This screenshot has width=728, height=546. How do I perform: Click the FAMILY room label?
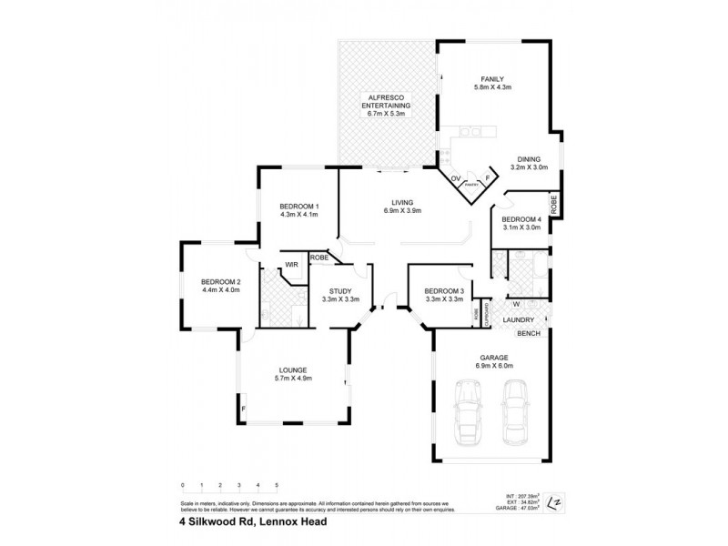491,79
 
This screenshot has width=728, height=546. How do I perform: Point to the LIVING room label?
402,202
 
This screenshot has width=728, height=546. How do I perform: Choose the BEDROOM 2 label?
220,282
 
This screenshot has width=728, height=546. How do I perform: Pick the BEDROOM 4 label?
521,220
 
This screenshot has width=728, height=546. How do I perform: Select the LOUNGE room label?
293,369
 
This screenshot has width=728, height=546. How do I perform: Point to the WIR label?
292,265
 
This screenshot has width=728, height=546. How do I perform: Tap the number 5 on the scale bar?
277,486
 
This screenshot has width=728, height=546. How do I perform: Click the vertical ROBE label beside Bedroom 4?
553,201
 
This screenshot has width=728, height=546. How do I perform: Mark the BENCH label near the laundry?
529,334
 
